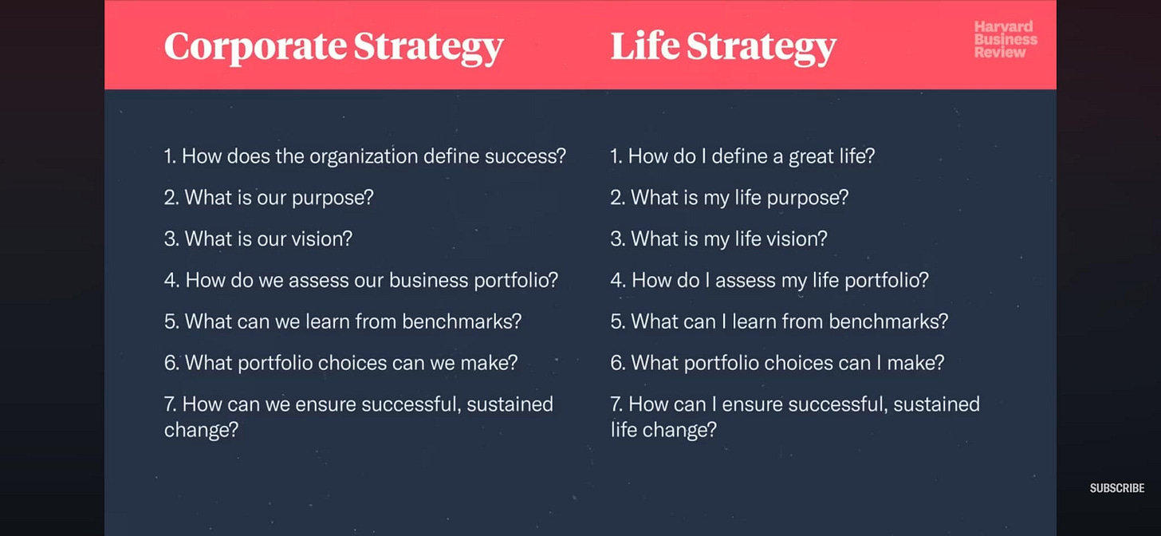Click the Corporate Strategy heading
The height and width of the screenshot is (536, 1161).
[333, 46]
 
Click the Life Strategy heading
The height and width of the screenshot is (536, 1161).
[723, 46]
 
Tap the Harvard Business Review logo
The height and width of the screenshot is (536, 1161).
[1006, 40]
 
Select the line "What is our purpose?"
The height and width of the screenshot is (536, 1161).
[269, 198]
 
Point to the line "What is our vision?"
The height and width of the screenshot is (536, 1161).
[258, 238]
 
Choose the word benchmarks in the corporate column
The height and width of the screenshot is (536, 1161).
[462, 321]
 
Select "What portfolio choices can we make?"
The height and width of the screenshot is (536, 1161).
[341, 363]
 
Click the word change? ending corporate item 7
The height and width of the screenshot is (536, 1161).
[201, 430]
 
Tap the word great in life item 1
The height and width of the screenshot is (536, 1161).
[813, 156]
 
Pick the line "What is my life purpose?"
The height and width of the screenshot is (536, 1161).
[729, 198]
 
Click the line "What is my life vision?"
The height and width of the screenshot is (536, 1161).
[718, 238]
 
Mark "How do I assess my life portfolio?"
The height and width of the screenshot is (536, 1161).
[769, 281]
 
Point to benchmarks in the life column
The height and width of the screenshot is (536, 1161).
[888, 321]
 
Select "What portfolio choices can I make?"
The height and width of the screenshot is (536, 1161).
[777, 363]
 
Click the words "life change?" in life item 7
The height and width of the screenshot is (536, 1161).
[663, 430]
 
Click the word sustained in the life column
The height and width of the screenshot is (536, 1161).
[936, 404]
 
